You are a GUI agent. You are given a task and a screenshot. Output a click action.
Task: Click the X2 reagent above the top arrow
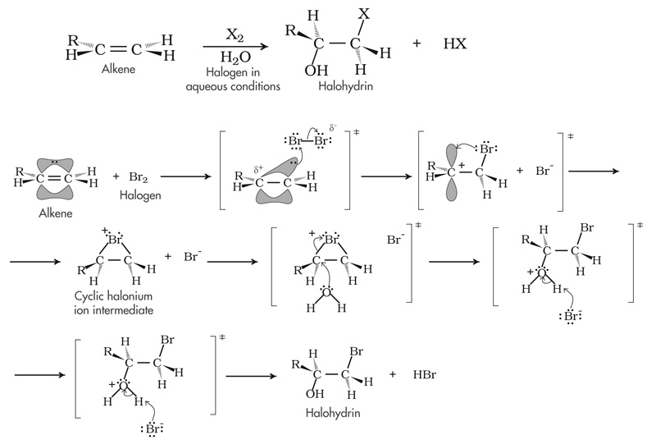pyautogui.click(x=236, y=34)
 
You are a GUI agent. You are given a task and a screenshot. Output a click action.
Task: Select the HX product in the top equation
pyautogui.click(x=454, y=43)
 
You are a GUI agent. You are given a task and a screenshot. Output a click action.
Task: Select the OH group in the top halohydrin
pyautogui.click(x=315, y=71)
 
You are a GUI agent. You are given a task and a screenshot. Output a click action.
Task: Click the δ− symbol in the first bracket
pyautogui.click(x=332, y=129)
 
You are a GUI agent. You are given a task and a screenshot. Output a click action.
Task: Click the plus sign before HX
pyautogui.click(x=417, y=43)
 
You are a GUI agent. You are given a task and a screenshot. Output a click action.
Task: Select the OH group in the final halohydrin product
pyautogui.click(x=304, y=391)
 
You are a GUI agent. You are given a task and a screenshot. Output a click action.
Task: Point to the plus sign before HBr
pyautogui.click(x=394, y=374)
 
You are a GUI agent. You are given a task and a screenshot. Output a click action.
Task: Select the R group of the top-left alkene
pyautogui.click(x=72, y=37)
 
